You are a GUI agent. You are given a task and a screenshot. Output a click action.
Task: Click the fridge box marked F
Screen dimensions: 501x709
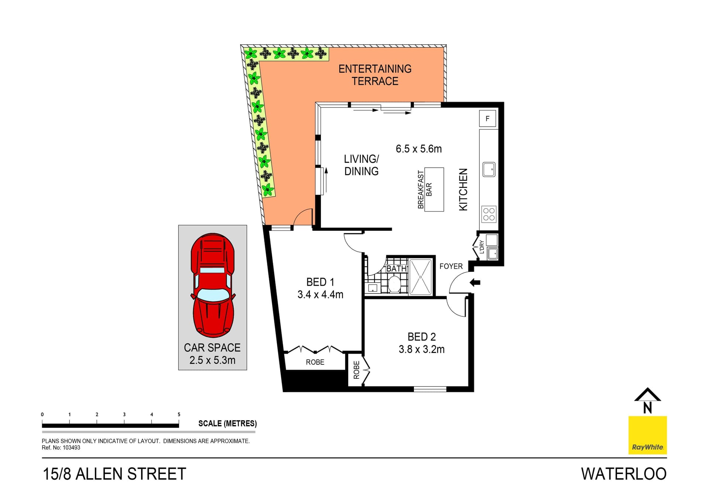487,119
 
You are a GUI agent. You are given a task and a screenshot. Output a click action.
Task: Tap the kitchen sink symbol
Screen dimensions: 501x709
489,169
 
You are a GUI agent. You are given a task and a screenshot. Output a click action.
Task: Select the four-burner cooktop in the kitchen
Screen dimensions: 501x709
489,214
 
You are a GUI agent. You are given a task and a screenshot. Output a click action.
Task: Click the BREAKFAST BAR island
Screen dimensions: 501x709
434,189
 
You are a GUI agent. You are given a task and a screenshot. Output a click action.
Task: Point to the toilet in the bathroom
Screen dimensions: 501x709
394,284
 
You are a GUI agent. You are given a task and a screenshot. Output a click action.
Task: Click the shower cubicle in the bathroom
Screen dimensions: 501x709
421,277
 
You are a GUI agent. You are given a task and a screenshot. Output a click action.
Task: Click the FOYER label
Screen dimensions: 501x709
451,266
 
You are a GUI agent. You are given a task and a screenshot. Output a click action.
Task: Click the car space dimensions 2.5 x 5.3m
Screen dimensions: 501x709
212,360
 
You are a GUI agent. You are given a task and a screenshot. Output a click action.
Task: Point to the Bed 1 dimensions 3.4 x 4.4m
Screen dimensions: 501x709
320,295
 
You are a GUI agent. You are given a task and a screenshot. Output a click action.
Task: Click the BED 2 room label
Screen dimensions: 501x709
421,337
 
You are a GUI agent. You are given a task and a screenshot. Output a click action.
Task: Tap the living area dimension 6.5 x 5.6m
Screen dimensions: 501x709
418,149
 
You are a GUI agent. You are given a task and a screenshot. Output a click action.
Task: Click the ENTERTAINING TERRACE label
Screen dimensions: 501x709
375,75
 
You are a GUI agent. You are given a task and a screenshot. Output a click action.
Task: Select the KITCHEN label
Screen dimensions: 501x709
463,190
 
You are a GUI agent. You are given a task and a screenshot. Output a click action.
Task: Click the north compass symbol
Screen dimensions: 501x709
647,401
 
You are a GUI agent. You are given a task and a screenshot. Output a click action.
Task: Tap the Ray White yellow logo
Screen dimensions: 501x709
647,435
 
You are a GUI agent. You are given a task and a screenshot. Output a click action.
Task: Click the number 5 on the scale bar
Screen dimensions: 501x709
179,414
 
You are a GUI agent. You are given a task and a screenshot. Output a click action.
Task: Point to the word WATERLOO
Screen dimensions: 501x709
624,474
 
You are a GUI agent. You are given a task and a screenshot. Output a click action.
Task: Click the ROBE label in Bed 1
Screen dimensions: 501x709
315,362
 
